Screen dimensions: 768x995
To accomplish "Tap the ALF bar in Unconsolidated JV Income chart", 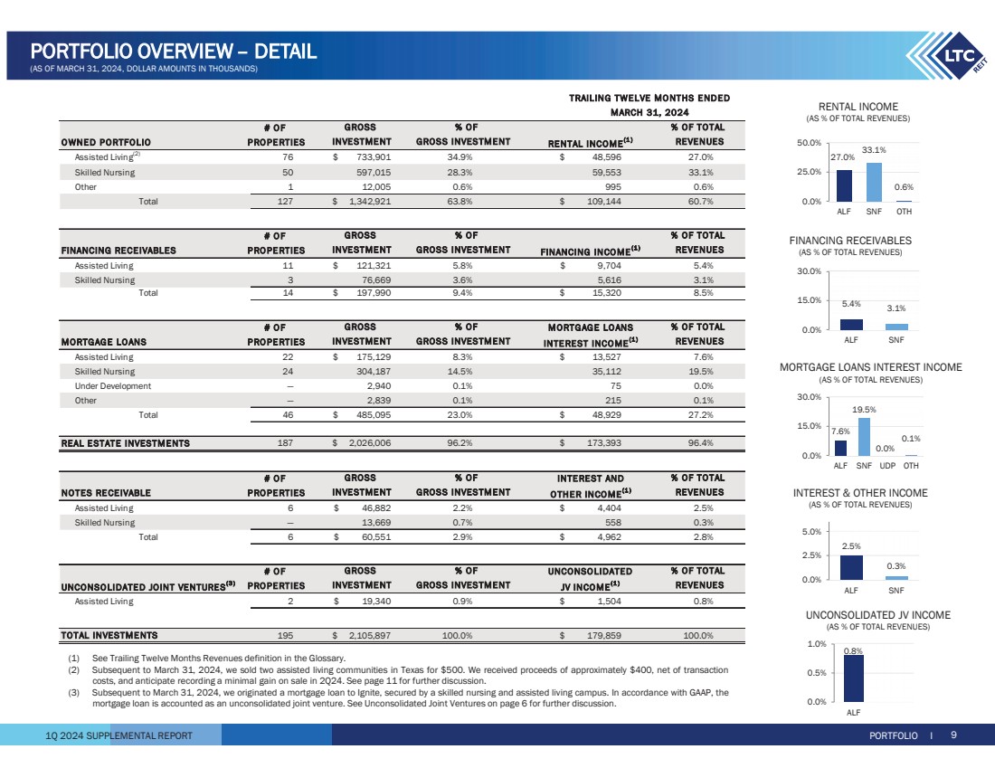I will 853,678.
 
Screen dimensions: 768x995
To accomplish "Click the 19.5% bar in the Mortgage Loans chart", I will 864,437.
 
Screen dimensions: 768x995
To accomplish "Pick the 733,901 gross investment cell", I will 372,156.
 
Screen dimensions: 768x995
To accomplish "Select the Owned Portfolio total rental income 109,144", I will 598,202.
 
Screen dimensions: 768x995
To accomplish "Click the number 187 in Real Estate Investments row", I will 285,443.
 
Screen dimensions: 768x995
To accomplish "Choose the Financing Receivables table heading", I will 118,251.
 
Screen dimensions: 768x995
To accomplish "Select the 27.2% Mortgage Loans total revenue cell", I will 699,414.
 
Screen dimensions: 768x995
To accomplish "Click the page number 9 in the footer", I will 953,735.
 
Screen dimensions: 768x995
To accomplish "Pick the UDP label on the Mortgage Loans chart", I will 888,466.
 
